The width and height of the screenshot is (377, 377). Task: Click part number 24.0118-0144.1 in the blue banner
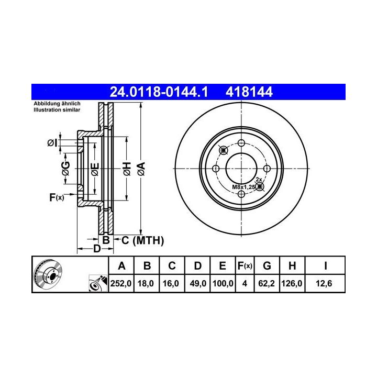(159, 92)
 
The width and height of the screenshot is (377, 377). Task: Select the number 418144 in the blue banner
(249, 92)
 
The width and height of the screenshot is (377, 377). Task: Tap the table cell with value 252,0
(121, 283)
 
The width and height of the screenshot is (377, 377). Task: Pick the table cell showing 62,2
(267, 283)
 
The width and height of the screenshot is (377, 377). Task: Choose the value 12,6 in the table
(324, 283)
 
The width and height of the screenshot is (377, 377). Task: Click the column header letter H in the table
(292, 266)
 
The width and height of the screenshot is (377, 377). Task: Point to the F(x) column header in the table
(245, 266)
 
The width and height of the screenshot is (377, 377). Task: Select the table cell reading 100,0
(223, 283)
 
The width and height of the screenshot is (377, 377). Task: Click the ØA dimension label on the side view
(141, 169)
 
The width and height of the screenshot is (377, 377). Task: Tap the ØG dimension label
(65, 168)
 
